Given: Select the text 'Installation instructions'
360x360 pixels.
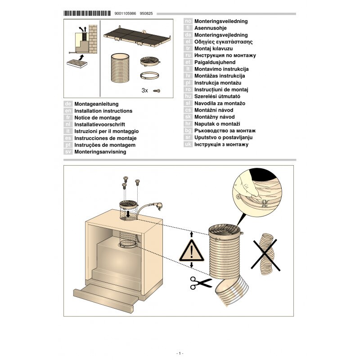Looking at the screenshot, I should (103, 111).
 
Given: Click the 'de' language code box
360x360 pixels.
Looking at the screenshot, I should (68, 104).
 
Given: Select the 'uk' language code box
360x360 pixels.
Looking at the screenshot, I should (188, 144).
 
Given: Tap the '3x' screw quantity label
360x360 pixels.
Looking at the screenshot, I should (144, 90).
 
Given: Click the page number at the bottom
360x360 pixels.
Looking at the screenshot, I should (180, 353).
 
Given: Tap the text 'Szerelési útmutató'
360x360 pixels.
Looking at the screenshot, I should (217, 96).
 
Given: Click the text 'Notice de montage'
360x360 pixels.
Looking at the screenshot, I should (97, 117).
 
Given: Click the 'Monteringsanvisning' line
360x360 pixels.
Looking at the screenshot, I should (100, 152).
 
